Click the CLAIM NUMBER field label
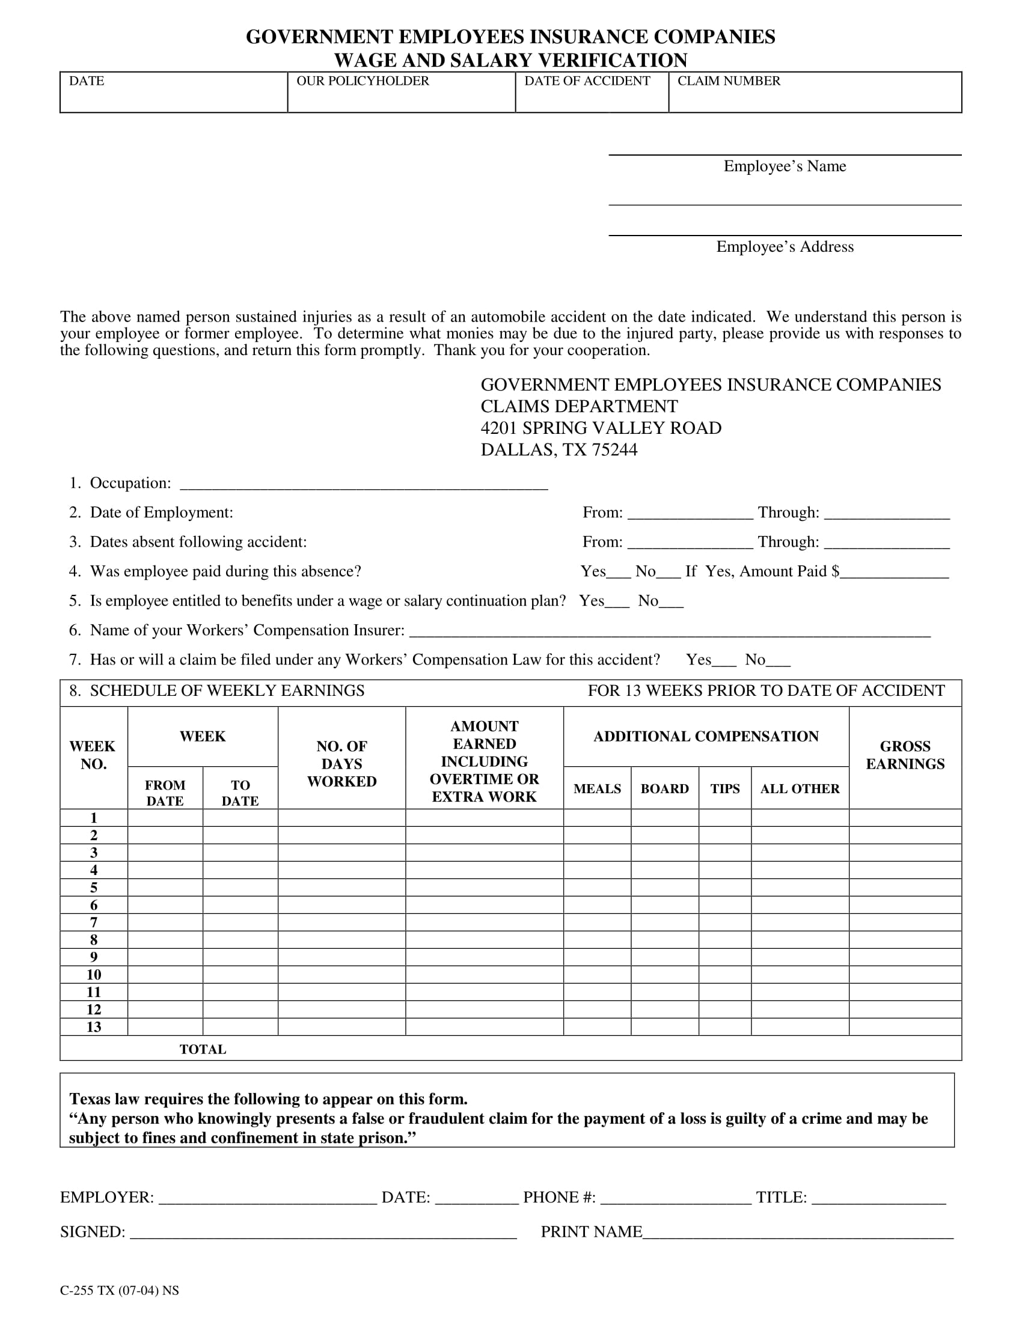point(729,81)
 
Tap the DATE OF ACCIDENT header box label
point(587,81)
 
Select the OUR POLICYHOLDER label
point(362,81)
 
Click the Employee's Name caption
point(784,166)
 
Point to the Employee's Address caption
point(784,247)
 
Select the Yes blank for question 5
point(617,603)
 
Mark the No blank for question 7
point(778,662)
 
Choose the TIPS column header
point(725,789)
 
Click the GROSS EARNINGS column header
point(905,755)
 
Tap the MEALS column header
point(597,789)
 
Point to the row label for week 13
point(94,1027)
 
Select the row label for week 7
point(94,922)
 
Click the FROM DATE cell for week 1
point(165,818)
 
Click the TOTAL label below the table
point(203,1050)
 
